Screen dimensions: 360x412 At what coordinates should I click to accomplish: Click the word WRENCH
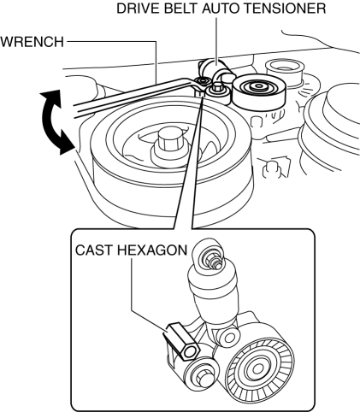[32, 42]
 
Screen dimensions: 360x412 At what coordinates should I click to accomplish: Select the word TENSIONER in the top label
[286, 9]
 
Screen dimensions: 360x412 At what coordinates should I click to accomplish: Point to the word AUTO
[222, 9]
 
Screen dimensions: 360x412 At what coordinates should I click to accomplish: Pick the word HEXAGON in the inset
[152, 250]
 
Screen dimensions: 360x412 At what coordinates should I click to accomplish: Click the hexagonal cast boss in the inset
[182, 340]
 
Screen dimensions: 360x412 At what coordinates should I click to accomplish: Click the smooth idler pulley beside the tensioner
[258, 91]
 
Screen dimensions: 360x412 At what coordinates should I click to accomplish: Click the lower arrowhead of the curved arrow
[66, 144]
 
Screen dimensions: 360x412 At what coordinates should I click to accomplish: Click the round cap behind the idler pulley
[285, 69]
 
